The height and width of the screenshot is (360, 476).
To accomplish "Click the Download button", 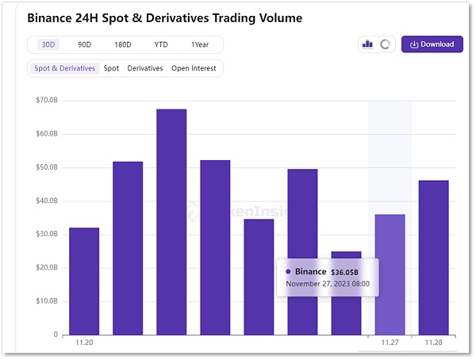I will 432,44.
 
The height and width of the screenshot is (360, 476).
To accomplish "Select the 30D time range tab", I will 48,44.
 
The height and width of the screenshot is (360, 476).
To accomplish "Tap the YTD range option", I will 162,44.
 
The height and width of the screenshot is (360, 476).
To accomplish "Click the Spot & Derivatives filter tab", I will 64,68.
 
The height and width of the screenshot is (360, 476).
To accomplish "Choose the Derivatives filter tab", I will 145,68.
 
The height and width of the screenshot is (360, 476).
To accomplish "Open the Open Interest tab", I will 194,68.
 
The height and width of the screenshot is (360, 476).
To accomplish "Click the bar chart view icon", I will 367,44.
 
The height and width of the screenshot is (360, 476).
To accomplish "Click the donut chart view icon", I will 386,44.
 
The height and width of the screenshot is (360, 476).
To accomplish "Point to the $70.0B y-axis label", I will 48,101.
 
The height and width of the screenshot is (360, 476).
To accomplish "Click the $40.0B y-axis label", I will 48,201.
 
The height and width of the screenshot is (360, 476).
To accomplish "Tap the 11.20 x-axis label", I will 84,343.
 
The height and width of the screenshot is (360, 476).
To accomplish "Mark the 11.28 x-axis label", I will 433,343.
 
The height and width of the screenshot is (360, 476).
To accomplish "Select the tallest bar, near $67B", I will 171,221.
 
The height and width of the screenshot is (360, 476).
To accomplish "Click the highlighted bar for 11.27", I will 390,274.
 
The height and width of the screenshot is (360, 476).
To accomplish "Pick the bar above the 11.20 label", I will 84,281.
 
